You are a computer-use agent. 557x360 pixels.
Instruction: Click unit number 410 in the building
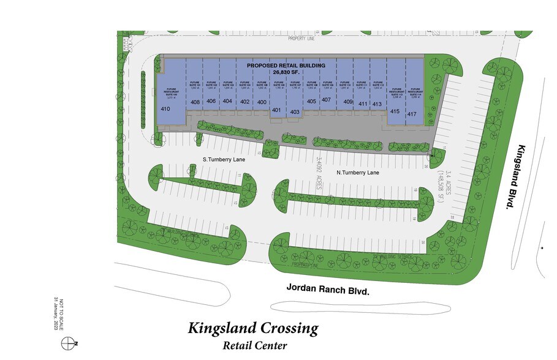click(x=165, y=109)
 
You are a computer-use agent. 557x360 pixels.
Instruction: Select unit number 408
click(x=195, y=102)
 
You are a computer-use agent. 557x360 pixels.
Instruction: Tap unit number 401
click(x=276, y=110)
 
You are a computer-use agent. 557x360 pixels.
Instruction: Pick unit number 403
click(x=295, y=112)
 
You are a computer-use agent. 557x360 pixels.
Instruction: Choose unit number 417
click(x=412, y=113)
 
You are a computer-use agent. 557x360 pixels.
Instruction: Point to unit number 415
click(x=395, y=111)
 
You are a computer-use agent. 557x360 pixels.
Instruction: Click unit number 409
click(x=349, y=102)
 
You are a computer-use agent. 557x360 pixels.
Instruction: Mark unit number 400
click(x=262, y=102)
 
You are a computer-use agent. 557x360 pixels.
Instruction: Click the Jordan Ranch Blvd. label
click(x=328, y=290)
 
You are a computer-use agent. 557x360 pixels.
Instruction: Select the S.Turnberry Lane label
click(x=224, y=159)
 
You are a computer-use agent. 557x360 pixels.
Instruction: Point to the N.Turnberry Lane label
click(x=358, y=173)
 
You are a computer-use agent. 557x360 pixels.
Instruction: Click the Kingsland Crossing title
click(x=253, y=328)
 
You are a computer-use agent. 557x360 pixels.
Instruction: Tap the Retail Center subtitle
click(x=254, y=345)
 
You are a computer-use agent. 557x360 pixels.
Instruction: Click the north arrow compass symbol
click(x=72, y=343)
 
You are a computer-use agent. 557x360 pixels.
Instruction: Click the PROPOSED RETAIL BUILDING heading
click(x=290, y=64)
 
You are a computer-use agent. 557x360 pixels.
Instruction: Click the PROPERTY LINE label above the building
click(x=301, y=38)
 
